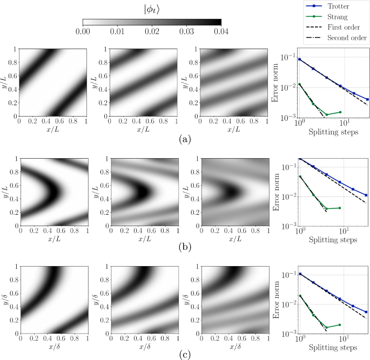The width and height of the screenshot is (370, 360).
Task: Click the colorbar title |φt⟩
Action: [x=152, y=8]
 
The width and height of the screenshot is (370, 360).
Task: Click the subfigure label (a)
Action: [x=184, y=139]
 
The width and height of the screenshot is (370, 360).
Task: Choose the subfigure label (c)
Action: [x=184, y=355]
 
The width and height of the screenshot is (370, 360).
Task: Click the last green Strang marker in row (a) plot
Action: [x=340, y=112]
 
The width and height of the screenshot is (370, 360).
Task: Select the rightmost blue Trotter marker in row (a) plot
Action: [x=367, y=99]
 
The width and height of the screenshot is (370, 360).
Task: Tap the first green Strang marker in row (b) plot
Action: [x=299, y=176]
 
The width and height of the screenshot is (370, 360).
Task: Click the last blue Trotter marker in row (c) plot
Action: [x=367, y=312]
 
